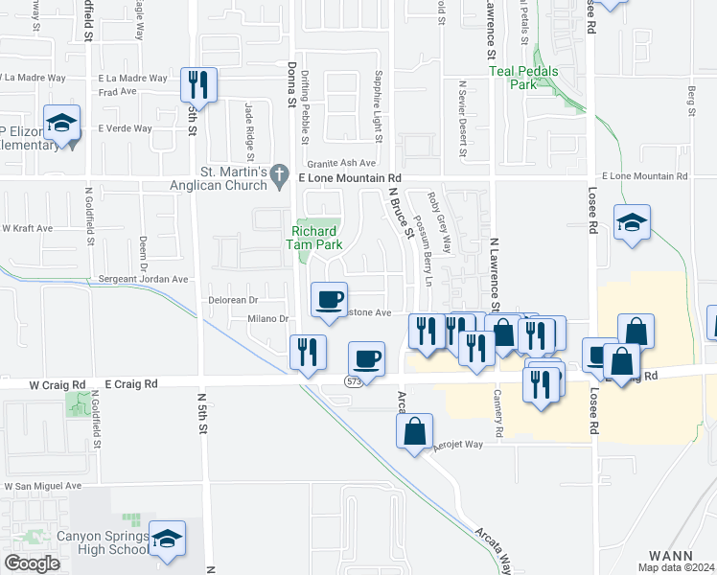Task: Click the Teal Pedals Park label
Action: (x=522, y=78)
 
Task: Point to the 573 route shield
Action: (x=355, y=380)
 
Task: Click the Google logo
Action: (x=32, y=563)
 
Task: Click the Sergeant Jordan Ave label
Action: (x=145, y=279)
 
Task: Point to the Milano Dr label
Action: (x=269, y=318)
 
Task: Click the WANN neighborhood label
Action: (x=670, y=555)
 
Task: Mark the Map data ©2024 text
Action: (x=676, y=567)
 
